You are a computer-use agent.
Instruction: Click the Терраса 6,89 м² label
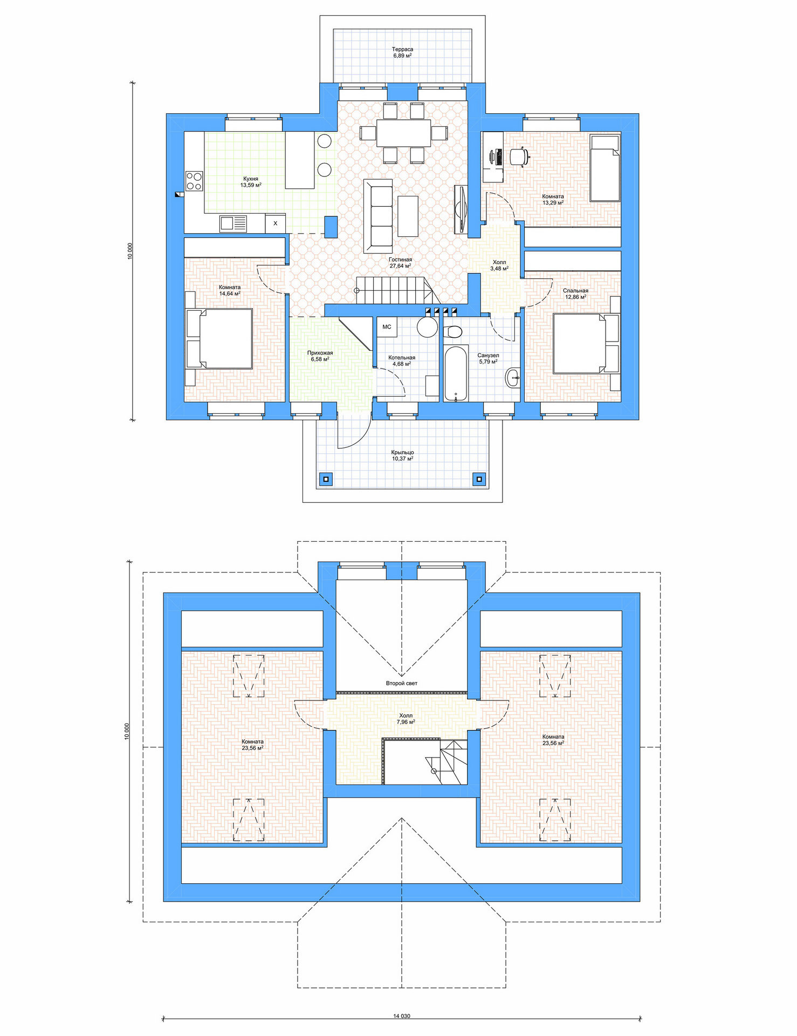pyautogui.click(x=402, y=52)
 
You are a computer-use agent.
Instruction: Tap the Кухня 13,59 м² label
pyautogui.click(x=251, y=182)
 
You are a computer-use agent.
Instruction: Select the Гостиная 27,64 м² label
pyautogui.click(x=400, y=263)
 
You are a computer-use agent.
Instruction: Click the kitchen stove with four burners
pyautogui.click(x=194, y=181)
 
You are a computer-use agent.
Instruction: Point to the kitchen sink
pyautogui.click(x=233, y=223)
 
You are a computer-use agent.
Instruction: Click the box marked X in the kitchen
pyautogui.click(x=275, y=223)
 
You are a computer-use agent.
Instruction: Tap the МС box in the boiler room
pyautogui.click(x=387, y=327)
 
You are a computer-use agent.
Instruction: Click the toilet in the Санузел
pyautogui.click(x=453, y=331)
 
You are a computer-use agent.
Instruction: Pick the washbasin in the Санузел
pyautogui.click(x=513, y=378)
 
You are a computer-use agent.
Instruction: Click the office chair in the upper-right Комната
pyautogui.click(x=519, y=156)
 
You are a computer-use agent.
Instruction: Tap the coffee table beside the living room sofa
pyautogui.click(x=408, y=216)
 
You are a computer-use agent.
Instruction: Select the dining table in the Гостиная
pyautogui.click(x=404, y=133)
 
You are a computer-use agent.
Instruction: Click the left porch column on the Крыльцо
pyautogui.click(x=325, y=478)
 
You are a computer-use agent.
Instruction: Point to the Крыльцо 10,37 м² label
pyautogui.click(x=402, y=455)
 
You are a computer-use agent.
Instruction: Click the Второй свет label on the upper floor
pyautogui.click(x=401, y=683)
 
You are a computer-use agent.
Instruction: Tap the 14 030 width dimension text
pyautogui.click(x=401, y=1016)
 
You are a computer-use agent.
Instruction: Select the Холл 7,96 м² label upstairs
pyautogui.click(x=406, y=719)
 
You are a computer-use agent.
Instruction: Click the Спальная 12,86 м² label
pyautogui.click(x=575, y=294)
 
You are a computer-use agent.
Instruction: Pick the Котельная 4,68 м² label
pyautogui.click(x=402, y=360)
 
